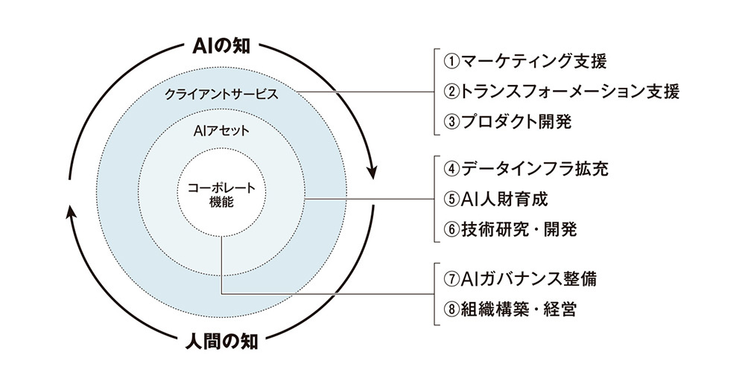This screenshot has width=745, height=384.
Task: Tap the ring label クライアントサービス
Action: pos(221,95)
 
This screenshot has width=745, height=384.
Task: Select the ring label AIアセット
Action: pos(221,131)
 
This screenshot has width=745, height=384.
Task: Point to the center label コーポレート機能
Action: pos(221,194)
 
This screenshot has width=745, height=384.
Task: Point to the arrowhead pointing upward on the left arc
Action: pos(70,213)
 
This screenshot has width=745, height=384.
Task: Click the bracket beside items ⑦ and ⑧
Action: pos(434,293)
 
